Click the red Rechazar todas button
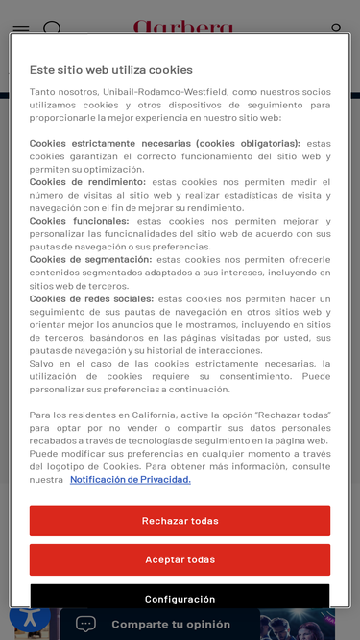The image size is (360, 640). coord(180,521)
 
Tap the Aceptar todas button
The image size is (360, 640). coord(180,559)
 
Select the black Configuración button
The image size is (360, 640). coord(180,597)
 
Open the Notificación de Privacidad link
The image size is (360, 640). coord(130,480)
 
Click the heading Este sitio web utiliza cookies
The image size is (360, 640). coord(110,70)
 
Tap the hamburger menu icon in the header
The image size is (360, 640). coord(20,28)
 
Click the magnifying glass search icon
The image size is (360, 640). coord(53,29)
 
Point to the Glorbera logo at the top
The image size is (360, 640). coord(182,26)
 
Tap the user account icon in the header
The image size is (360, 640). coord(336,29)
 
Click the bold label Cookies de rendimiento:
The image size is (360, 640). coord(87,182)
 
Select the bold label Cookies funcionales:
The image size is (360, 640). coord(79,221)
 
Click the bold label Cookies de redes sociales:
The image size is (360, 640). coord(91,299)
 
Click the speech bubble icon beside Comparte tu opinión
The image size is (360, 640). coord(86,624)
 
